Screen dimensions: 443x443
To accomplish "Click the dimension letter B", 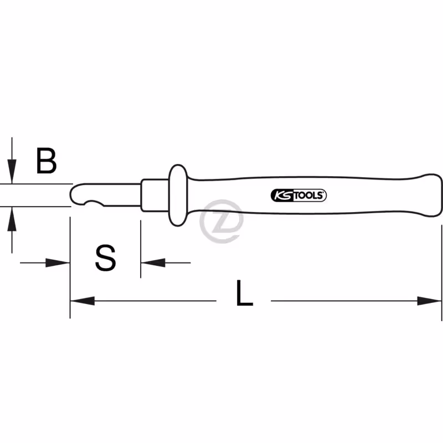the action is [x=47, y=160].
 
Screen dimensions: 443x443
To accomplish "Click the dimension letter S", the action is [x=106, y=258].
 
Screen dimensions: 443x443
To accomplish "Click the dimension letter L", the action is [x=244, y=293].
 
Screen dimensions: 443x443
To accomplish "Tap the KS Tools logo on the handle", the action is [x=298, y=195].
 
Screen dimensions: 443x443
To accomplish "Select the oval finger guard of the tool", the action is [x=178, y=195].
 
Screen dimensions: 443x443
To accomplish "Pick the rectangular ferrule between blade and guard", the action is [x=155, y=195].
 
